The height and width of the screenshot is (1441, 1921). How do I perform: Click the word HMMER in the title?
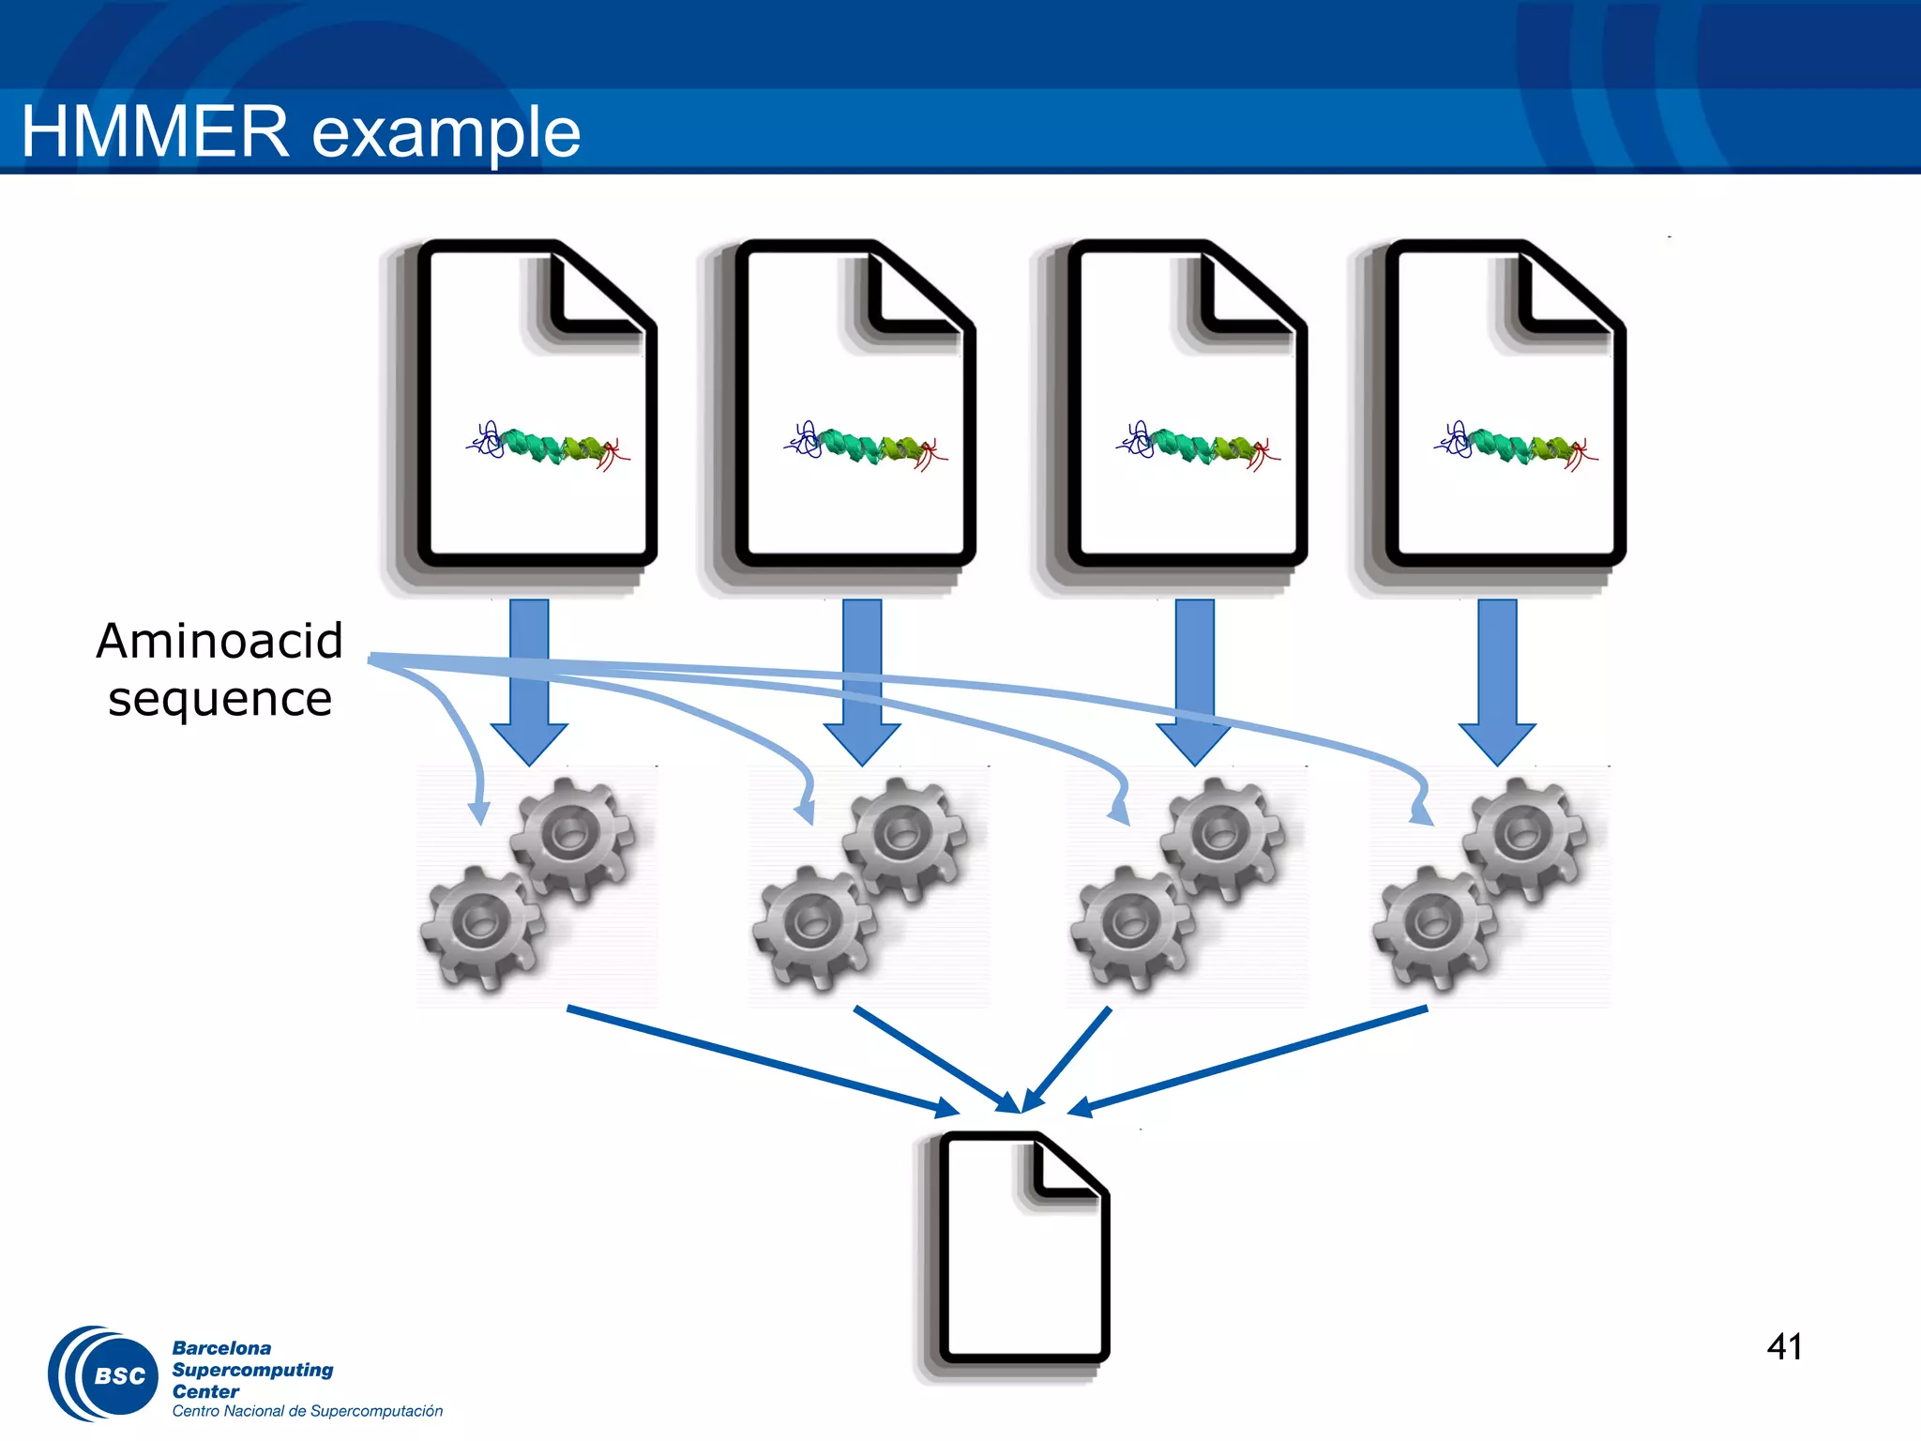tap(155, 131)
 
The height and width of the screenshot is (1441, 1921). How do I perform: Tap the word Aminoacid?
tap(219, 642)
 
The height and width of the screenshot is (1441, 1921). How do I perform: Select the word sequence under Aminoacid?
tap(219, 700)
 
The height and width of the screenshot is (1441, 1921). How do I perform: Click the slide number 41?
tap(1784, 1347)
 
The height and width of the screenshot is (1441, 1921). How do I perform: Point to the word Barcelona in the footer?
tap(221, 1348)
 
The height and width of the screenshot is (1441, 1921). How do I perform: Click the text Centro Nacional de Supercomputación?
tap(307, 1411)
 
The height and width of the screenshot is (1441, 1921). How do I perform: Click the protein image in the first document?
tap(549, 446)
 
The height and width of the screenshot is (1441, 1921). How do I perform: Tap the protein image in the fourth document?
tap(1516, 446)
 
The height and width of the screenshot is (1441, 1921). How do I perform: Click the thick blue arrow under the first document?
tap(529, 680)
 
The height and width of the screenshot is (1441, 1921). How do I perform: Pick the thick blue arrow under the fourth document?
tap(1497, 680)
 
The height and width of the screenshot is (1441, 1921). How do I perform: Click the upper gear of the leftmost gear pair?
tap(572, 835)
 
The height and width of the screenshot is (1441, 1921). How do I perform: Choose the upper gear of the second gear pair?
tap(904, 835)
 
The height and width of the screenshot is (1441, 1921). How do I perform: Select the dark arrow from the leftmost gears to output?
tap(760, 1060)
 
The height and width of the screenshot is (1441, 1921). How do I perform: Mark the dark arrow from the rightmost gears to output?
tap(1248, 1060)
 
